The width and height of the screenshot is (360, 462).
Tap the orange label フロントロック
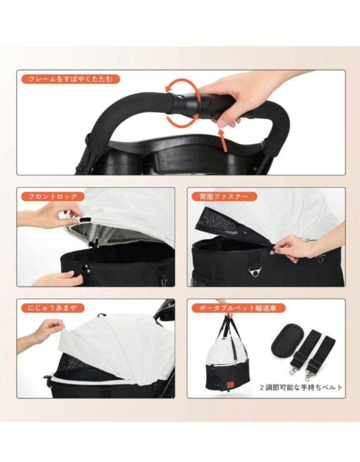(50, 196)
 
